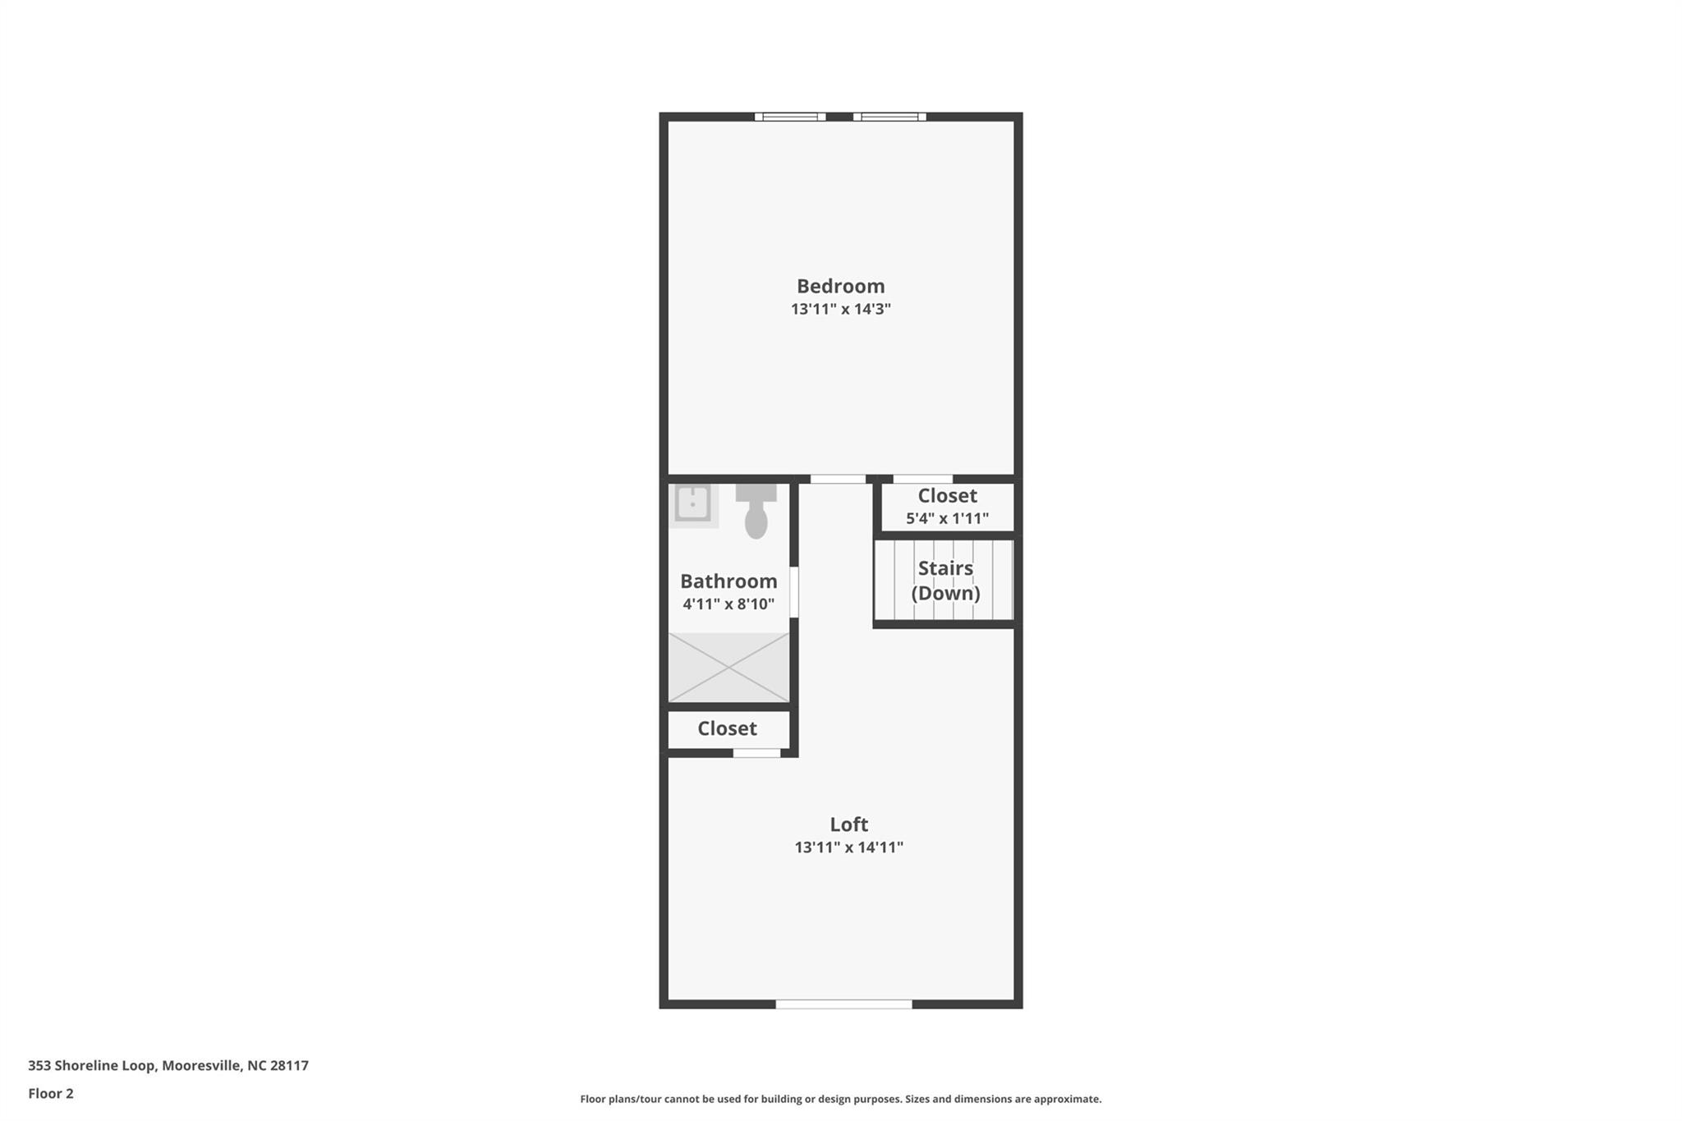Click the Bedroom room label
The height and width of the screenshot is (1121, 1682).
pyautogui.click(x=840, y=287)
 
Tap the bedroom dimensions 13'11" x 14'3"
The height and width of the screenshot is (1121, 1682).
pyautogui.click(x=840, y=310)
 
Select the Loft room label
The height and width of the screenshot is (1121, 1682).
pyautogui.click(x=848, y=825)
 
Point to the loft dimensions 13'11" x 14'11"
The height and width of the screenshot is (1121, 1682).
pyautogui.click(x=848, y=848)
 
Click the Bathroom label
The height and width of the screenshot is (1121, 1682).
pyautogui.click(x=728, y=581)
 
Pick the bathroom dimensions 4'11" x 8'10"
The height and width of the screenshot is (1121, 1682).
pyautogui.click(x=728, y=604)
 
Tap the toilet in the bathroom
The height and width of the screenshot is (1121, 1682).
pyautogui.click(x=756, y=510)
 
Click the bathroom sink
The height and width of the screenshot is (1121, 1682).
pyautogui.click(x=693, y=503)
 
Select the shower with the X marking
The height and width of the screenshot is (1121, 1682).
pyautogui.click(x=728, y=668)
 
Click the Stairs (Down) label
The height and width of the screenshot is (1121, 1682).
pyautogui.click(x=945, y=581)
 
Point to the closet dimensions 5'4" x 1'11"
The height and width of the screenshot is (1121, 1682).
pyautogui.click(x=947, y=519)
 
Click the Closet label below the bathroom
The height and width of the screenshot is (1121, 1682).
pyautogui.click(x=727, y=728)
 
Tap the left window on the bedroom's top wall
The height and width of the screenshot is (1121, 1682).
pyautogui.click(x=790, y=117)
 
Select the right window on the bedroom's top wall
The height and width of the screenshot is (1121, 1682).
pyautogui.click(x=889, y=117)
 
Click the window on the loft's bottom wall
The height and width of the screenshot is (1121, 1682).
pyautogui.click(x=843, y=1004)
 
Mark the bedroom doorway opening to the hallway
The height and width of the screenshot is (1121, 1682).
pyautogui.click(x=838, y=479)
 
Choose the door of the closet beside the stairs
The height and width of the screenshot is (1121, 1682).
pyautogui.click(x=923, y=479)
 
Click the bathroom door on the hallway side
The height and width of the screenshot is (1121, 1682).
pyautogui.click(x=794, y=591)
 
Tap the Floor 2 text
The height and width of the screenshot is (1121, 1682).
pyautogui.click(x=51, y=1094)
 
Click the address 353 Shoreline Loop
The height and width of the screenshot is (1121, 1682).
pyautogui.click(x=91, y=1066)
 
